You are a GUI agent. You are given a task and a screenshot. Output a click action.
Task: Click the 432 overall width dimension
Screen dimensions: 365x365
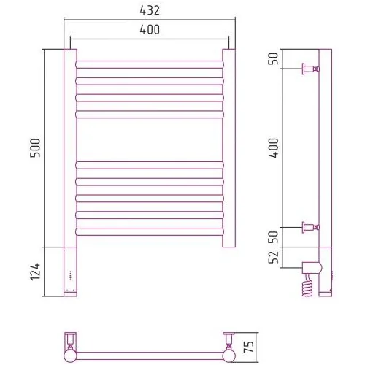point(150,10)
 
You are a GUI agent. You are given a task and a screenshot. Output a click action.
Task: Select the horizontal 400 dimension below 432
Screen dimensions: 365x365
point(150,29)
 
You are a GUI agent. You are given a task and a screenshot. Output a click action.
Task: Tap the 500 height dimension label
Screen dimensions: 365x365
point(35,148)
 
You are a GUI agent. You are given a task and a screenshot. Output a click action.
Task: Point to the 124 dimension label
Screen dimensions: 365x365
point(35,272)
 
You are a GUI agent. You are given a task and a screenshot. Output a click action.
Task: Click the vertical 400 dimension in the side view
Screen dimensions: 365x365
point(274,148)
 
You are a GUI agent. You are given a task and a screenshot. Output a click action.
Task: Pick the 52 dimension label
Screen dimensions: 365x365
point(274,257)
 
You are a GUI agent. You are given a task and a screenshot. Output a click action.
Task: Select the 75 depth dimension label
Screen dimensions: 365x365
point(249,347)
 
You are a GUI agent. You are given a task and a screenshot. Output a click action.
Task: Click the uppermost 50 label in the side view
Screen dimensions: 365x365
point(274,58)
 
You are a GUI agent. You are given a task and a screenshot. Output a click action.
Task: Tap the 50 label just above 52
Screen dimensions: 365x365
point(274,237)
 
